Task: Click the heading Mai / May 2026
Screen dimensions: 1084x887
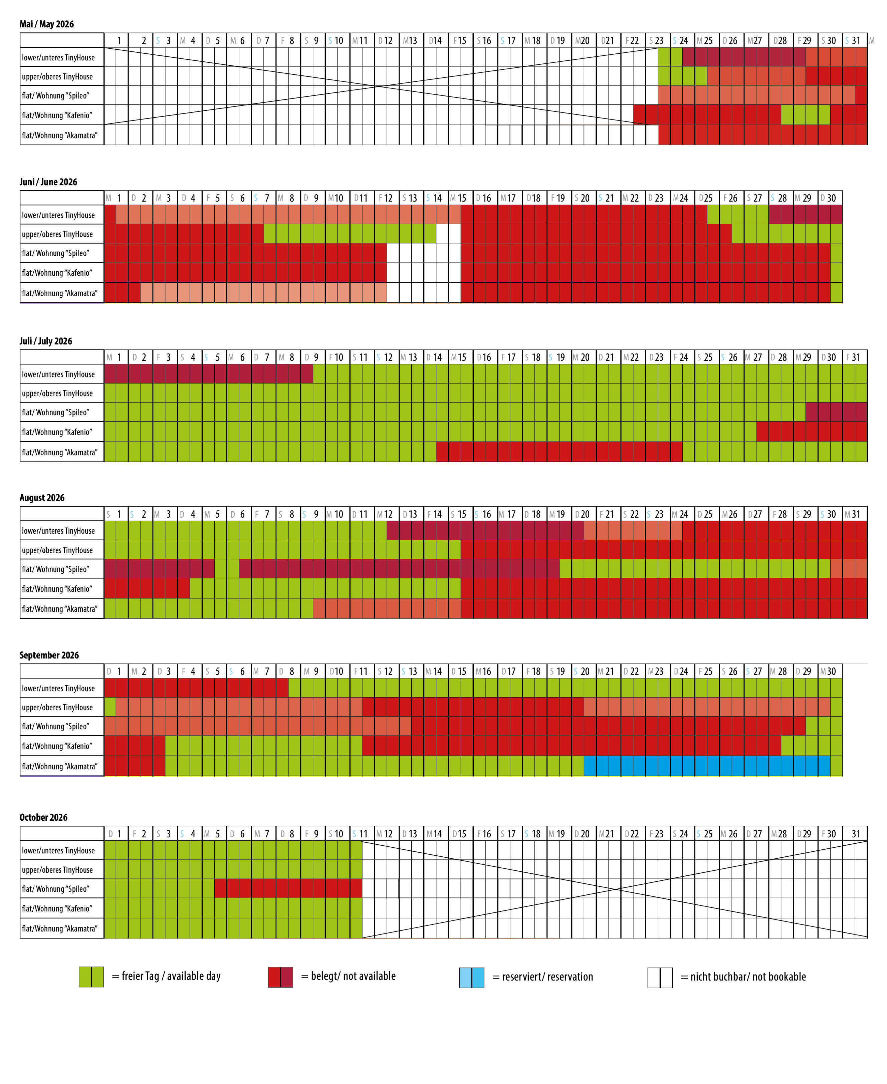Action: click(46, 24)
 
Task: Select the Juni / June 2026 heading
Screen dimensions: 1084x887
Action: click(48, 182)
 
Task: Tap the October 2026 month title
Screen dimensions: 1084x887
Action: click(43, 817)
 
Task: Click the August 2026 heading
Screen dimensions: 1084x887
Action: click(42, 498)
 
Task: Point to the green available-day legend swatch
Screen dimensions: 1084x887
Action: click(91, 977)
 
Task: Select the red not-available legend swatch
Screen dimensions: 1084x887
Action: click(280, 977)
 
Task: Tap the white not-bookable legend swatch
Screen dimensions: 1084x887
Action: click(660, 977)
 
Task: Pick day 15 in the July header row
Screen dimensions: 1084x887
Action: click(461, 357)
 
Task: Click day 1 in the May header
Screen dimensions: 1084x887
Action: click(119, 41)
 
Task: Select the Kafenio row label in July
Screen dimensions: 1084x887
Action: click(57, 432)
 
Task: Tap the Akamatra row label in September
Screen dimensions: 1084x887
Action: click(59, 766)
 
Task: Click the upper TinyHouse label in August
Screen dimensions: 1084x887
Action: click(57, 550)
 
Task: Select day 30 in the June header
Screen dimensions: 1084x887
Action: click(831, 198)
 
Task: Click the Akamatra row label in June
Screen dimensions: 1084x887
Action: click(59, 293)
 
